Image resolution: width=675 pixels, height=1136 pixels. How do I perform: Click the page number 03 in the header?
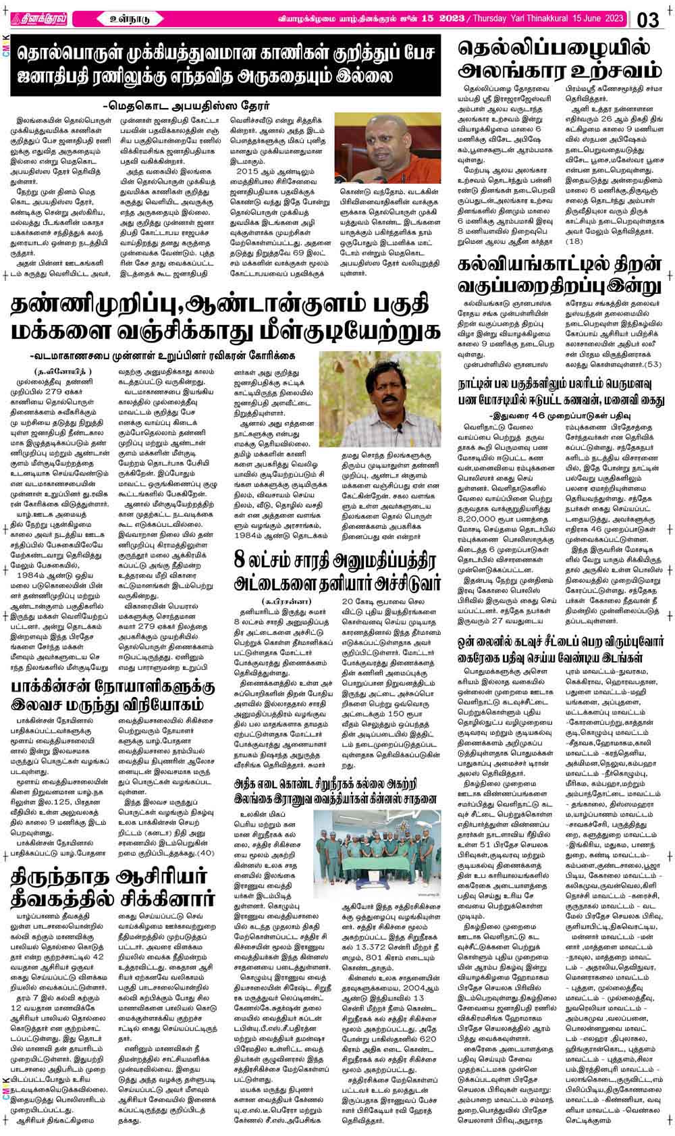[648, 20]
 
